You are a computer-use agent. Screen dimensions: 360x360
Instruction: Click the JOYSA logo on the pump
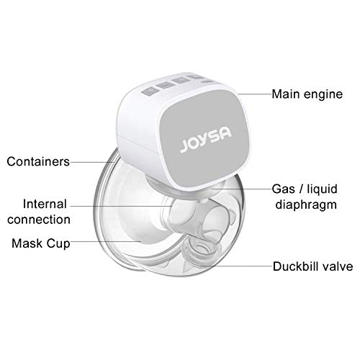click(x=206, y=140)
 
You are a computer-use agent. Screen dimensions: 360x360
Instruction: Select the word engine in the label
click(x=323, y=95)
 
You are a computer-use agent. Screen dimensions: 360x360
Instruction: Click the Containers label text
click(x=38, y=161)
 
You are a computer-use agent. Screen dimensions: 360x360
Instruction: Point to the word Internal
click(x=45, y=204)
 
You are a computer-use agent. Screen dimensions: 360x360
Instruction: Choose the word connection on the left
click(x=39, y=220)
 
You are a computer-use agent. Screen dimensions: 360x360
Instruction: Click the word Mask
click(x=27, y=243)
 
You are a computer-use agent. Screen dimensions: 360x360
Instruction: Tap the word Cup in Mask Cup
click(x=58, y=244)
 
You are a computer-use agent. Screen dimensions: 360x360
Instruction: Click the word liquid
click(x=323, y=189)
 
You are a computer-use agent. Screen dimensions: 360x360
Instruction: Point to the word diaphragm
click(x=306, y=205)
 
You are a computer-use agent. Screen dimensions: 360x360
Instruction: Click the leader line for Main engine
click(x=255, y=94)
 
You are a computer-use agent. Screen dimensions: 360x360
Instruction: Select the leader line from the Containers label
click(x=92, y=162)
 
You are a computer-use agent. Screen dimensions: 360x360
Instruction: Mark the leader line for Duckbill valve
click(x=236, y=266)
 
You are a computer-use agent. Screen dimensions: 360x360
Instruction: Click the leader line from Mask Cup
click(x=106, y=241)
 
